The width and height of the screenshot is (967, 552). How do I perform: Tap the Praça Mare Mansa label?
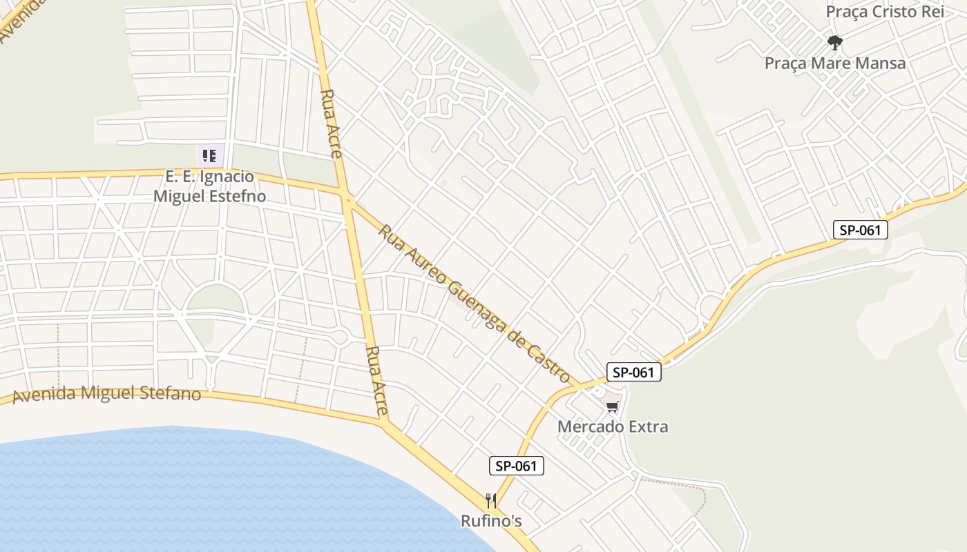click(x=834, y=63)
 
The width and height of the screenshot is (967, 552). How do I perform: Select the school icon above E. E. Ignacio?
click(x=209, y=156)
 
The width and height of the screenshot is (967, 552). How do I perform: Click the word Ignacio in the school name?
click(x=226, y=177)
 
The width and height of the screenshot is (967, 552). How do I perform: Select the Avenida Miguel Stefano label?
click(x=107, y=394)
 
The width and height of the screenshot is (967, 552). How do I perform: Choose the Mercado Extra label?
click(x=613, y=426)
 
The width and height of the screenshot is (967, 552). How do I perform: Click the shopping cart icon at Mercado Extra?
click(x=612, y=407)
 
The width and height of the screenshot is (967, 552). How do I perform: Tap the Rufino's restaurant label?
click(x=491, y=521)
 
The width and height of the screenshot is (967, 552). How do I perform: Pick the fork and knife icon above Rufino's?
click(x=491, y=501)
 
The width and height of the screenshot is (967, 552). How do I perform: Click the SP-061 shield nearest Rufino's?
click(x=517, y=466)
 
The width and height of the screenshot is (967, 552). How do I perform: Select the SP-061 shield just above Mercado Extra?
click(x=634, y=372)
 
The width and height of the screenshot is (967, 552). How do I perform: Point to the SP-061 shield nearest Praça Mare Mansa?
click(x=860, y=230)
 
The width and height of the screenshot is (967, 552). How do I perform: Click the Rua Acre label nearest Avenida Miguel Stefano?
click(x=377, y=381)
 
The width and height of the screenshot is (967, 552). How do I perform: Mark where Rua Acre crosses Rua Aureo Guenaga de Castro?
click(x=348, y=199)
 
